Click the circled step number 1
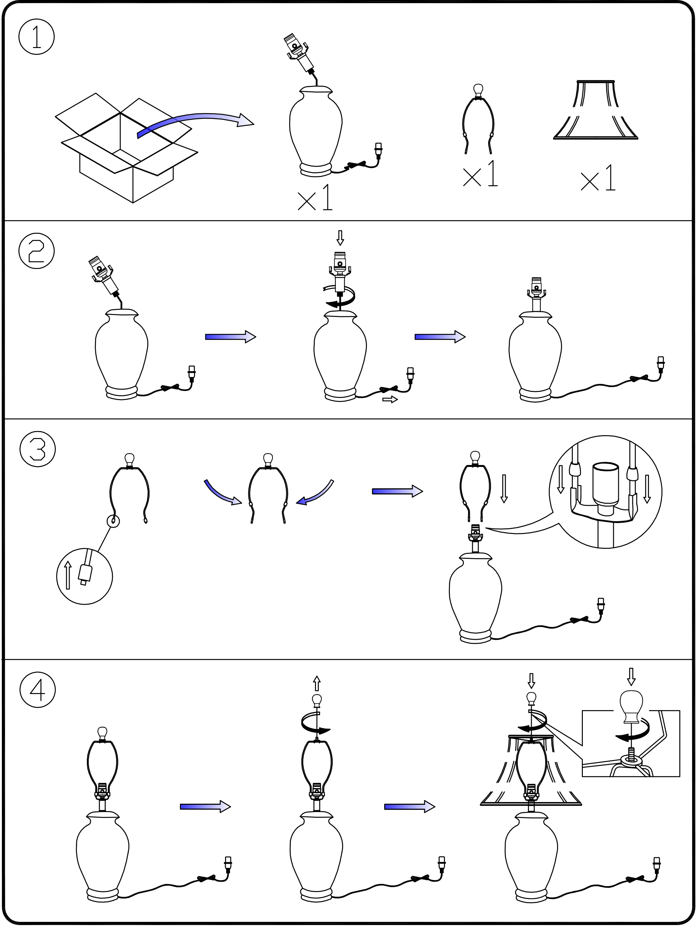pos(37,37)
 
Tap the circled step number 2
pos(37,251)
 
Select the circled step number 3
pos(38,449)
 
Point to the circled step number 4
pos(38,690)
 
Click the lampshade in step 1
pos(595,110)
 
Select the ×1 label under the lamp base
pos(315,198)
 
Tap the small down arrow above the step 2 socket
pos(340,238)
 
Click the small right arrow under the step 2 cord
pos(390,399)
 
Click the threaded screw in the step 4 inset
pos(631,753)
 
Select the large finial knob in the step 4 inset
pos(631,707)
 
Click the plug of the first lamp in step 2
pos(192,372)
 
